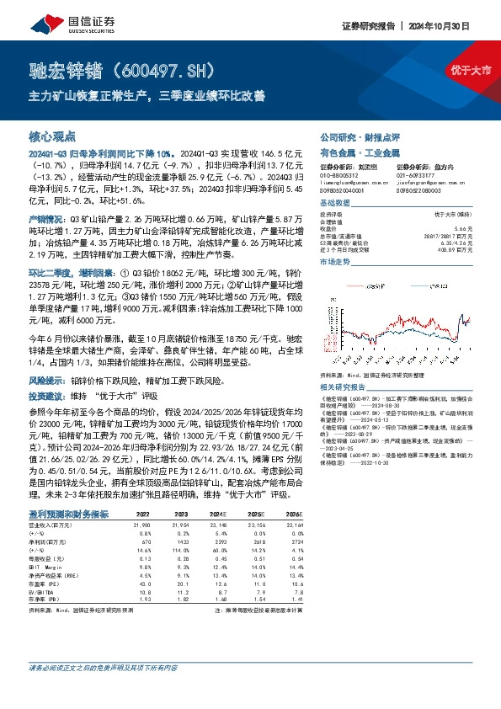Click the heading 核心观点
click(x=52, y=136)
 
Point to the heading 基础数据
click(x=333, y=205)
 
